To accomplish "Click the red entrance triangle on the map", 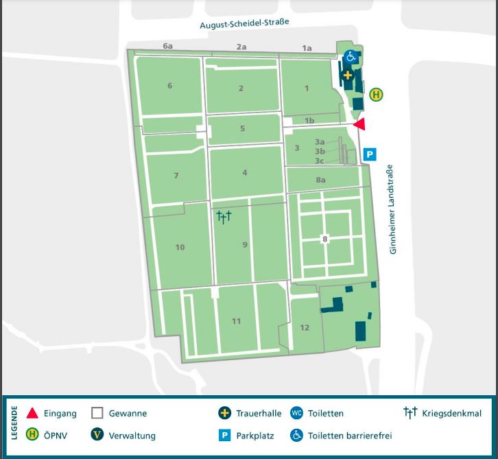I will (359, 124).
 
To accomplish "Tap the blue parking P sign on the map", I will (370, 155).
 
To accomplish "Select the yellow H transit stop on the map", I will (376, 95).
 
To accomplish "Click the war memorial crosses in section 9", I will (224, 218).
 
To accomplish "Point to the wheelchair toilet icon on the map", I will (351, 56).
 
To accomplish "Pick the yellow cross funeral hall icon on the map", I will (348, 75).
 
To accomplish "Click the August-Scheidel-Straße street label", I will (245, 23).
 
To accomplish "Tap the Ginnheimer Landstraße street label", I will (393, 210).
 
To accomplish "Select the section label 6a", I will (168, 46).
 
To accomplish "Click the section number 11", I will (237, 321).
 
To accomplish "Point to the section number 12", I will (305, 327).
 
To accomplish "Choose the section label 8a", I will (320, 180).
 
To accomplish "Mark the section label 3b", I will (320, 151).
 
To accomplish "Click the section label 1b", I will (309, 121).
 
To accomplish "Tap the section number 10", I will (180, 247).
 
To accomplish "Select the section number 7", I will (176, 176).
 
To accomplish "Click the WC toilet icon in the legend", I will (296, 413).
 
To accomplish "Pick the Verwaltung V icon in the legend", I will (97, 435).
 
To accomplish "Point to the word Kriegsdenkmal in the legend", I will (452, 413).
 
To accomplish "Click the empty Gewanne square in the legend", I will (97, 413).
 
